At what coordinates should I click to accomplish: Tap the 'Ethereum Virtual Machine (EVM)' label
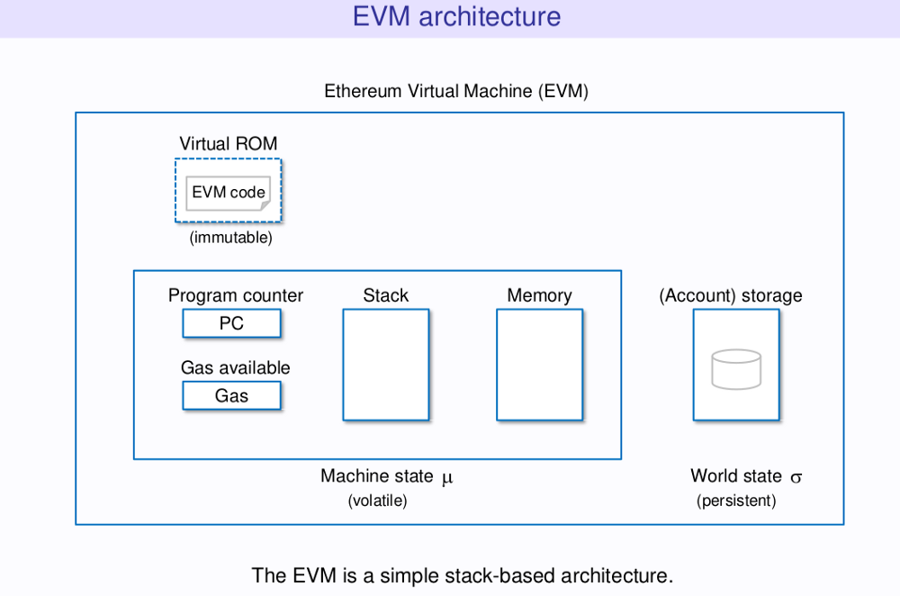pyautogui.click(x=456, y=91)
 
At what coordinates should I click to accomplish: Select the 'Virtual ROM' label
pyautogui.click(x=228, y=144)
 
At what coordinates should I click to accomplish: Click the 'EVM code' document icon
pyautogui.click(x=228, y=192)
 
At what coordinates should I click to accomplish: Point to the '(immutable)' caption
pyautogui.click(x=230, y=239)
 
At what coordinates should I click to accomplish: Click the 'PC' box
pyautogui.click(x=231, y=323)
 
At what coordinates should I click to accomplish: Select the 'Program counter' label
pyautogui.click(x=236, y=295)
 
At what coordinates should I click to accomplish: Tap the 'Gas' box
pyautogui.click(x=231, y=395)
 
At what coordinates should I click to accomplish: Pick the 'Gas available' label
pyautogui.click(x=235, y=367)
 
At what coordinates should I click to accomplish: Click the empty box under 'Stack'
pyautogui.click(x=385, y=365)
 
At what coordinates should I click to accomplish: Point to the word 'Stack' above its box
pyautogui.click(x=385, y=295)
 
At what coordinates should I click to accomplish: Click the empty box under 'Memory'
pyautogui.click(x=539, y=365)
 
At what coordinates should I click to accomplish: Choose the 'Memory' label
pyautogui.click(x=539, y=295)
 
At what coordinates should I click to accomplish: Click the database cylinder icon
pyautogui.click(x=736, y=369)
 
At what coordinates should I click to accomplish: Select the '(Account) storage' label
pyautogui.click(x=731, y=295)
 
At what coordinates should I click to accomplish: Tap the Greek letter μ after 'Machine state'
pyautogui.click(x=447, y=478)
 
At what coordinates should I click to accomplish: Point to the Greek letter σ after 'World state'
pyautogui.click(x=796, y=478)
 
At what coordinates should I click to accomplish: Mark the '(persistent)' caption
pyautogui.click(x=736, y=501)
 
